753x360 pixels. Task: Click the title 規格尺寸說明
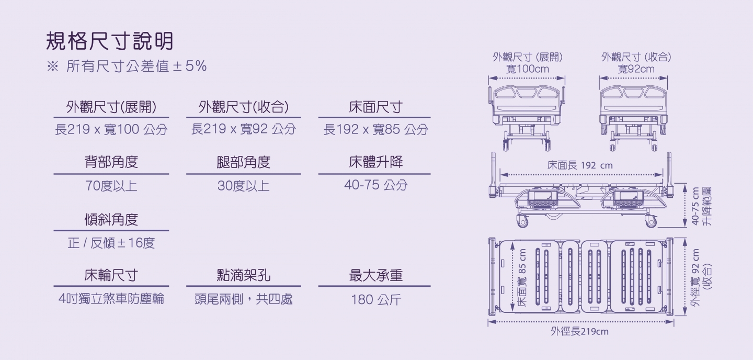[110, 41]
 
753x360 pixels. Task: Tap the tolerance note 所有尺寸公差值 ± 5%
[136, 66]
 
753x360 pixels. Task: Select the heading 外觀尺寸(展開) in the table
[111, 107]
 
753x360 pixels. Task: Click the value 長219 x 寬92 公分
[244, 129]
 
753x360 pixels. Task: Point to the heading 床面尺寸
[375, 107]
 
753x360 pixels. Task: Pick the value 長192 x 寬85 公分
[376, 129]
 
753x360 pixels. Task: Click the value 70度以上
[111, 185]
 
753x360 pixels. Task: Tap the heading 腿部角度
[244, 162]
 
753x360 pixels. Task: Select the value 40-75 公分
[376, 185]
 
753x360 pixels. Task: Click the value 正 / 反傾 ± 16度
[111, 243]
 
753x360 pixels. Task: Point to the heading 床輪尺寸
[111, 275]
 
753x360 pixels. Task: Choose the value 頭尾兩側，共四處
[244, 299]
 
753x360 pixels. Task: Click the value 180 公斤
[376, 299]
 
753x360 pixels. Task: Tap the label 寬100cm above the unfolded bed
[528, 69]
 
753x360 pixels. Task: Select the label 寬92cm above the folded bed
[636, 69]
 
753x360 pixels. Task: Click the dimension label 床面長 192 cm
[580, 165]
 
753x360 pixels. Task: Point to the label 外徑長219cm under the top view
[579, 331]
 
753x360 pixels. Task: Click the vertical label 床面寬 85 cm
[522, 277]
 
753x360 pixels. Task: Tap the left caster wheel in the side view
[522, 221]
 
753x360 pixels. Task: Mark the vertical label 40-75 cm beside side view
[695, 206]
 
